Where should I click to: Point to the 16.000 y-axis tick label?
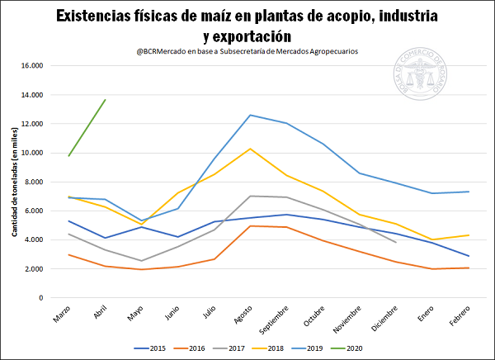[x=31, y=66]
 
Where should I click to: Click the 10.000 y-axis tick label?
[x=31, y=153]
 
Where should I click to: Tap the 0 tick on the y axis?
[x=40, y=298]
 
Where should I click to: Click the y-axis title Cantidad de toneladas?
[x=14, y=182]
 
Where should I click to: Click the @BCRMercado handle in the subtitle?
[x=168, y=51]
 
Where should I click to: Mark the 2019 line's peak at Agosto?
[x=250, y=115]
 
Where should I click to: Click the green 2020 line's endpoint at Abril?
[x=105, y=100]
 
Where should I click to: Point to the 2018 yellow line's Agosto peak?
[x=250, y=149]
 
